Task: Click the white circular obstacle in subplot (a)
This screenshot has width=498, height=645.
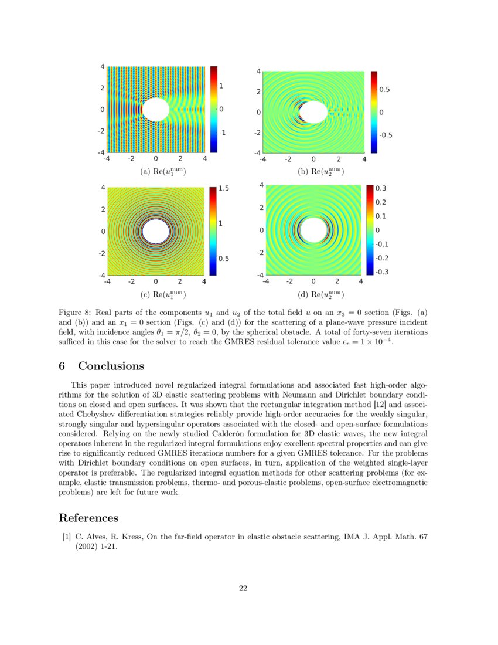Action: tap(155, 110)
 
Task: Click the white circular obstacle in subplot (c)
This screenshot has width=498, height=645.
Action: tap(156, 231)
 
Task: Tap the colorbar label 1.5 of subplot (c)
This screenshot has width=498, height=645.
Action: tap(223, 189)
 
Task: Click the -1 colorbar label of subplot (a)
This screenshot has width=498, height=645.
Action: tap(223, 133)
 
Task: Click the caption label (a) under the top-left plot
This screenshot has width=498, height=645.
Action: tap(145, 172)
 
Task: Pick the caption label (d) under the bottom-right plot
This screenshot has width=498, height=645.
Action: tap(302, 294)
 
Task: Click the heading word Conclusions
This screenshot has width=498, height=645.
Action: tap(111, 366)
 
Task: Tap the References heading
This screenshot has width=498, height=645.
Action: tap(88, 518)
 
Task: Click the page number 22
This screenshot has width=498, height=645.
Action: tap(243, 588)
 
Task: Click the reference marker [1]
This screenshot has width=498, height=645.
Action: tap(67, 537)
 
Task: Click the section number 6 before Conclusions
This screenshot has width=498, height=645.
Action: tap(62, 366)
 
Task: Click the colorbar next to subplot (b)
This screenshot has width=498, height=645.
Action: tap(374, 112)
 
